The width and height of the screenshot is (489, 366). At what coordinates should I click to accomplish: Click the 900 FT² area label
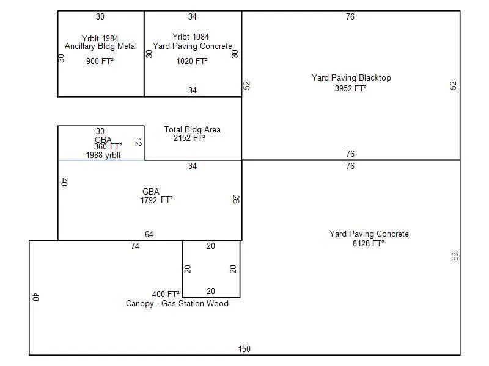coord(100,61)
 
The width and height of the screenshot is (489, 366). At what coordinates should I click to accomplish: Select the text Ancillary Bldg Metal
coord(101,46)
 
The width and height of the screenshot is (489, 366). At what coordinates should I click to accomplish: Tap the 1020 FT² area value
coord(192,61)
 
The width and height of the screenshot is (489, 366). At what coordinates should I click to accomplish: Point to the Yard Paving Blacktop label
coord(351,78)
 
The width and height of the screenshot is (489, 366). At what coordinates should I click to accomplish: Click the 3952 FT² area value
coord(351,88)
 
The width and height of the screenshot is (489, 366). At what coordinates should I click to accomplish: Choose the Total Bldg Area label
coord(193,130)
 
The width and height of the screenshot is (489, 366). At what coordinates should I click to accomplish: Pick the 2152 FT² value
coord(189,138)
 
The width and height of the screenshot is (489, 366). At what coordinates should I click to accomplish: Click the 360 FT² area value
coord(108,146)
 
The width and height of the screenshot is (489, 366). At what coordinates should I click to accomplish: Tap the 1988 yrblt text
coord(103,155)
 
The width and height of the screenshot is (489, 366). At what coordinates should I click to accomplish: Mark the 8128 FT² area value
coord(369,243)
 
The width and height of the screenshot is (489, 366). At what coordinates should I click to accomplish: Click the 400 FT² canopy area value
coord(166,294)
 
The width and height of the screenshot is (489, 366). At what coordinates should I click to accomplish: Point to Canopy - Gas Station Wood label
coord(177,304)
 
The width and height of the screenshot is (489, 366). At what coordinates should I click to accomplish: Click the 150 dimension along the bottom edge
coord(244,350)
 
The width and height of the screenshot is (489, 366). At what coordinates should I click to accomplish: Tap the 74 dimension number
coord(135,246)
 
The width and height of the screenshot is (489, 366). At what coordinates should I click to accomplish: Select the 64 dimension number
coord(149,235)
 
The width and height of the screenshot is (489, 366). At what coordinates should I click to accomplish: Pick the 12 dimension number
coord(138,143)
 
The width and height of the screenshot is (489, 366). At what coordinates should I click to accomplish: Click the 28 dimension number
coord(235,199)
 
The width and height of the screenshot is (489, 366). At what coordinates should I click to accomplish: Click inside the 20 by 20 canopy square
coord(211,268)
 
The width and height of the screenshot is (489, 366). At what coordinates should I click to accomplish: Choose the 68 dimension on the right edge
coord(454,257)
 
